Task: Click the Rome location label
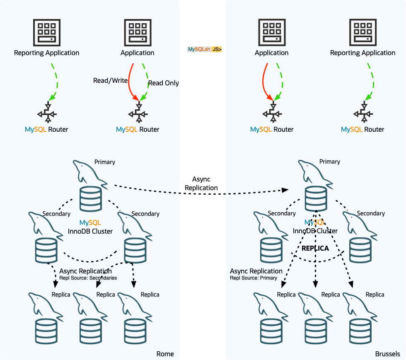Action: coord(165,354)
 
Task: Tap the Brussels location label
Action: coord(387,354)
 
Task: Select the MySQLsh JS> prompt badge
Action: coord(205,49)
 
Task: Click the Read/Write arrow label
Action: coord(110,81)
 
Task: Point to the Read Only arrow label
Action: coord(163,83)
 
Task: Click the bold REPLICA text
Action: coord(315,249)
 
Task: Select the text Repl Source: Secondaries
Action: coord(88,278)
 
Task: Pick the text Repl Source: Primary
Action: coord(254,278)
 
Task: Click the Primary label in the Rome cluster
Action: coord(104,162)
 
